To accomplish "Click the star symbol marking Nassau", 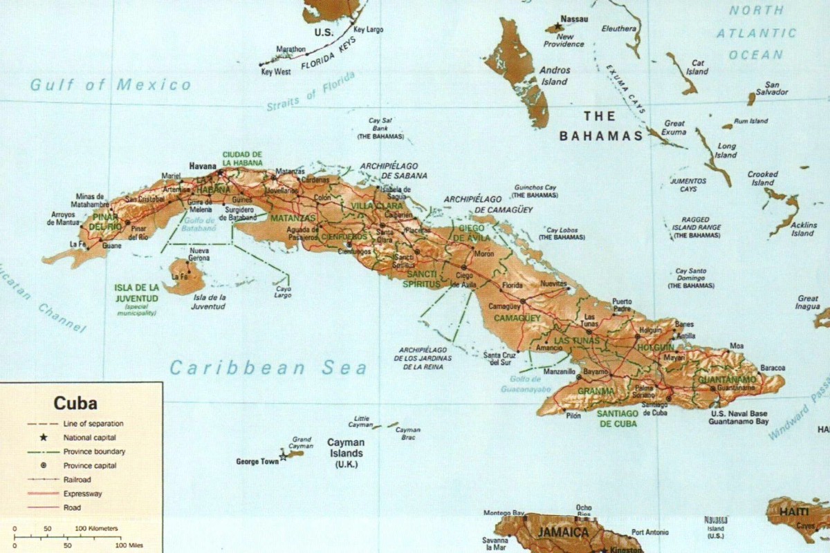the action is click(x=558, y=27).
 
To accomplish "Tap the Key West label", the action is click(x=275, y=71).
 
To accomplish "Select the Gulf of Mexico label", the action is click(x=111, y=85).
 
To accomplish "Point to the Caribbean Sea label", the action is click(x=268, y=368).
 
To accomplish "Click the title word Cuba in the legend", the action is click(x=75, y=404).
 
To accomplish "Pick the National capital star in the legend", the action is click(x=44, y=438).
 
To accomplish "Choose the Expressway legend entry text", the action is click(x=84, y=494).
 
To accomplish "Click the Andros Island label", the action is click(x=555, y=75).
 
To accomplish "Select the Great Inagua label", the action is click(x=808, y=303).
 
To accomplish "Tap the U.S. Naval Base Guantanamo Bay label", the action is click(x=739, y=417).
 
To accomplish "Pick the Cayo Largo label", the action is click(x=282, y=292).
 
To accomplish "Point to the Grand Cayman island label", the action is click(x=302, y=442).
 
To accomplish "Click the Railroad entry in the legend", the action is click(x=76, y=479).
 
